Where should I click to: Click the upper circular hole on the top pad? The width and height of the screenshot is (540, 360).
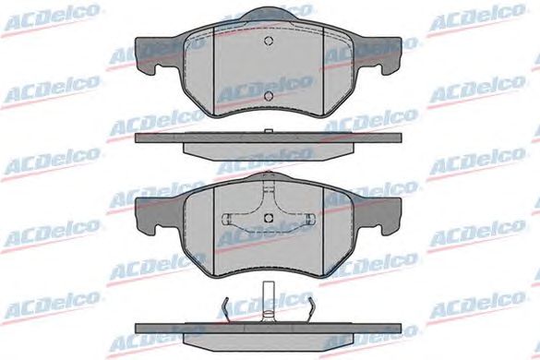point(269,41)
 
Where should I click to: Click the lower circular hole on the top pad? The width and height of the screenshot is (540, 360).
point(269,96)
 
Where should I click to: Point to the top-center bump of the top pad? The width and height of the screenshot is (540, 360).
point(269,15)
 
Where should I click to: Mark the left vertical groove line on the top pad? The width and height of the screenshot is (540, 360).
point(214,71)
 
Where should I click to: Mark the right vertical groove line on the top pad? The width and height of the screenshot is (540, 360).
point(323,71)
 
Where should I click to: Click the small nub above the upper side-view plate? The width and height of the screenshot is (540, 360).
point(269,131)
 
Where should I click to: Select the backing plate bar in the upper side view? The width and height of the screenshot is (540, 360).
point(269,138)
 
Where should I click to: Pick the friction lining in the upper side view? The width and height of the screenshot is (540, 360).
point(269,150)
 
